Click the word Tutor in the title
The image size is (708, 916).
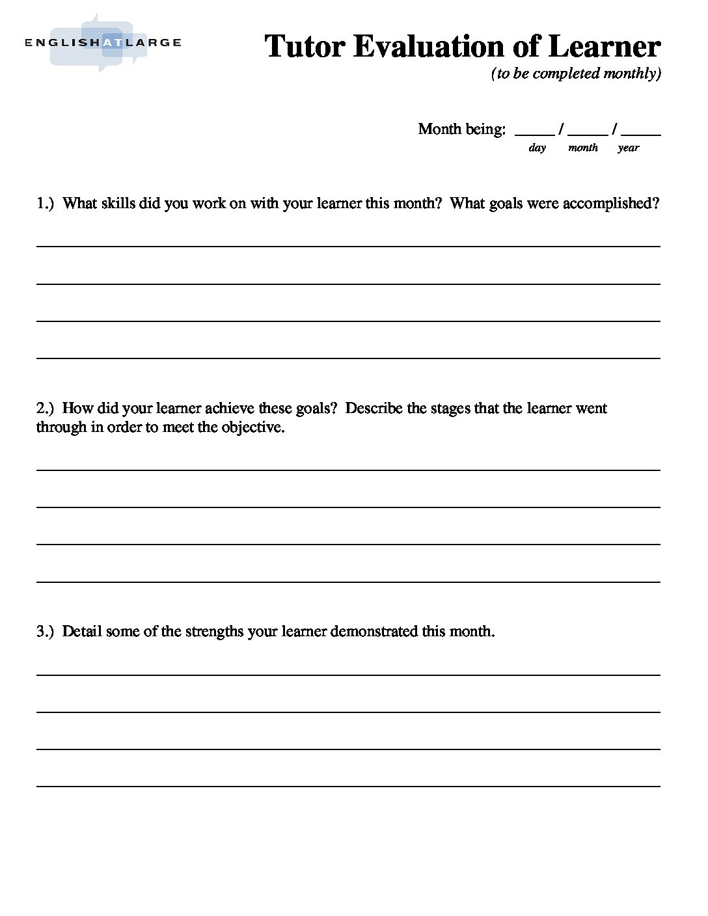pyautogui.click(x=305, y=47)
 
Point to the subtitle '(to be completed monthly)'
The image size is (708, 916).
pyautogui.click(x=576, y=74)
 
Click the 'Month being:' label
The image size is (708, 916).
pyautogui.click(x=461, y=129)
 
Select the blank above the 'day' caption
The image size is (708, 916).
pyautogui.click(x=534, y=131)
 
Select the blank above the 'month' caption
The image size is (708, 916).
pyautogui.click(x=588, y=131)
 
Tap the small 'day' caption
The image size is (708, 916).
pyautogui.click(x=537, y=148)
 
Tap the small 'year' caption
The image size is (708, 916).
pyautogui.click(x=628, y=148)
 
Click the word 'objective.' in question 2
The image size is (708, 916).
pyautogui.click(x=253, y=428)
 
